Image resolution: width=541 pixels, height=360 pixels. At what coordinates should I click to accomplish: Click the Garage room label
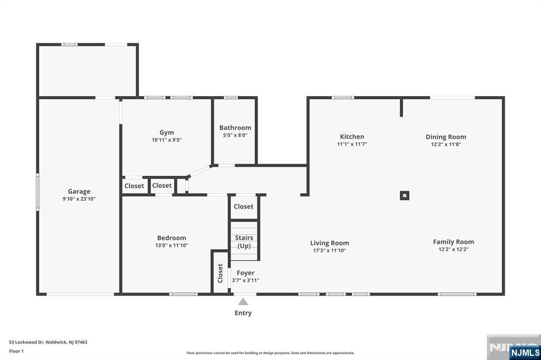click(x=79, y=192)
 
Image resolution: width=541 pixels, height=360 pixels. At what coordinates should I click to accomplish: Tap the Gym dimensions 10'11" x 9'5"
click(x=166, y=140)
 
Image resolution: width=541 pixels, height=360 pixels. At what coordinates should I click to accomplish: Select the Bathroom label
click(x=235, y=128)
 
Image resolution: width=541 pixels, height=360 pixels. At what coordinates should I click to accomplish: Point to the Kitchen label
click(x=352, y=137)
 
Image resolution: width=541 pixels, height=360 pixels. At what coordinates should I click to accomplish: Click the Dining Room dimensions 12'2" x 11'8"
click(x=446, y=145)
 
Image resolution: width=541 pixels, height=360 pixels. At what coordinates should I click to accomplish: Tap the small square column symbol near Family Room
click(x=405, y=195)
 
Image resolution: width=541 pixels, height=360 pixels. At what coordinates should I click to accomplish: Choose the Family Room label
click(x=453, y=242)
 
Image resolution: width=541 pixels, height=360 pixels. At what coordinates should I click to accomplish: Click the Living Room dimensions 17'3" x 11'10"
click(x=330, y=251)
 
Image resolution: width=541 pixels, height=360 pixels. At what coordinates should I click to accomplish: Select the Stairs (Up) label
click(x=244, y=242)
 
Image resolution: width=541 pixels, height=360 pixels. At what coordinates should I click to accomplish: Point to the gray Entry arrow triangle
click(x=243, y=302)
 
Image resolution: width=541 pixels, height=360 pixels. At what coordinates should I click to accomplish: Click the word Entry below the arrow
click(x=243, y=313)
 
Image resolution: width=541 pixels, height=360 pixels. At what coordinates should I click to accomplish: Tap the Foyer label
click(x=246, y=273)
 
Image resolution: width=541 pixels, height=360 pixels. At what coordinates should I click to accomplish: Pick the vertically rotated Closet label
click(x=220, y=273)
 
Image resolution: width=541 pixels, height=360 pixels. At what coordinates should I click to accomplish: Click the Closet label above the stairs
click(x=244, y=206)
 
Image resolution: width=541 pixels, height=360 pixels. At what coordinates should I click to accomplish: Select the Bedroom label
click(x=172, y=238)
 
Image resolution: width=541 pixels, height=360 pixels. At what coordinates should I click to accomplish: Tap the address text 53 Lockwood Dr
click(x=26, y=342)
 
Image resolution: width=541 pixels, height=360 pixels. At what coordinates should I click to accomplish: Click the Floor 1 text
click(x=16, y=351)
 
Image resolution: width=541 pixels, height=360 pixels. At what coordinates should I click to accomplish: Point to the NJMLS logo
click(x=525, y=353)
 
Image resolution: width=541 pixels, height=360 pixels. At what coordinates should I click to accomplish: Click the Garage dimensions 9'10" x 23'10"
click(x=79, y=199)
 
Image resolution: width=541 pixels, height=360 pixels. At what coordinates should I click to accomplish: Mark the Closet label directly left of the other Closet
click(x=134, y=186)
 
